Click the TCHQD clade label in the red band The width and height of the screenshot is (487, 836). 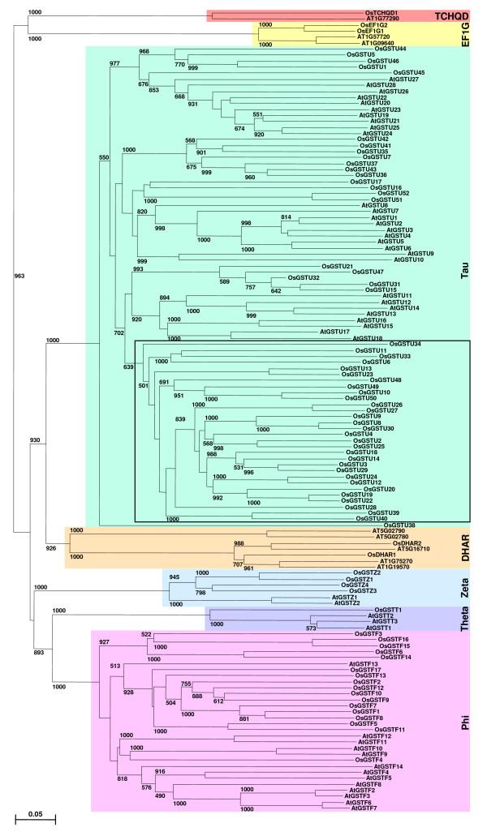click(x=451, y=16)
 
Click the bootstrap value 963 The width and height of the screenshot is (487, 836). click(x=19, y=277)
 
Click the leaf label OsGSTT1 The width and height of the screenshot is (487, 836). click(x=389, y=609)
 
